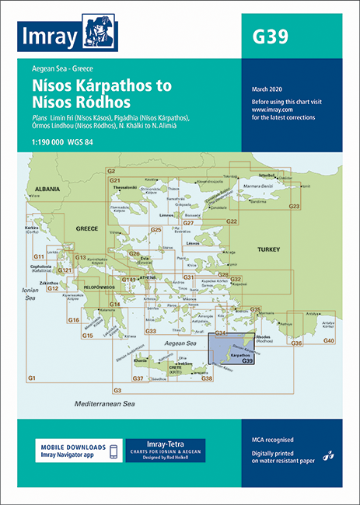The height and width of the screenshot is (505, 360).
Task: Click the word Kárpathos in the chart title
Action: click(138, 85)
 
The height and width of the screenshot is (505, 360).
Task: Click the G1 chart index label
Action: click(32, 378)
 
